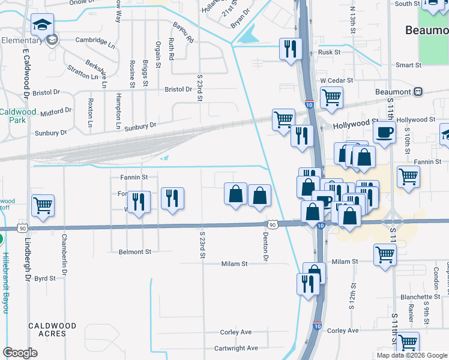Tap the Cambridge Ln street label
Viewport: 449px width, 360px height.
(95, 42)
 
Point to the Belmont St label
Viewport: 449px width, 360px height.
(135, 252)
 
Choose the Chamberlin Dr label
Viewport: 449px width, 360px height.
(63, 251)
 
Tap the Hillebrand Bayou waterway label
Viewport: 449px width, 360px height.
(5, 283)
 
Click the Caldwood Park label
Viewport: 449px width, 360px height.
(18, 116)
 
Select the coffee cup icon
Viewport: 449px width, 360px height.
(384, 132)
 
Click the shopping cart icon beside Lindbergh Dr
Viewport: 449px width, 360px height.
(43, 206)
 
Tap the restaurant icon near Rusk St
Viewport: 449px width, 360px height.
(291, 49)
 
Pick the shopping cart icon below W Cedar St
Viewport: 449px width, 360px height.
(331, 97)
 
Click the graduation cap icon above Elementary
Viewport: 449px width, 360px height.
(42, 25)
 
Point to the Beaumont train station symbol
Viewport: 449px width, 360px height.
(418, 92)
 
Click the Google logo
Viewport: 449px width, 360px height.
(20, 353)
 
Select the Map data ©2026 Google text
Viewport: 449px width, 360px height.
(411, 355)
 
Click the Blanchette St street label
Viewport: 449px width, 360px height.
(421, 297)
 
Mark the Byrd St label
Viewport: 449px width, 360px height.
(45, 278)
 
